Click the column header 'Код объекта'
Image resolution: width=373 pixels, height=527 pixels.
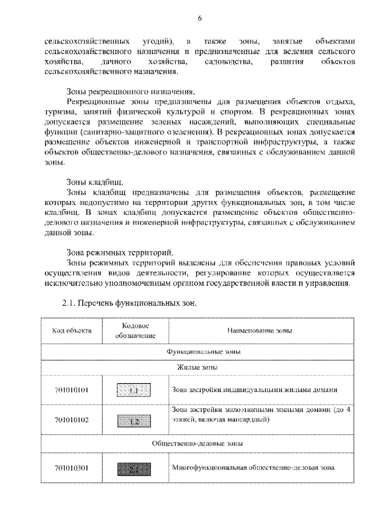[72, 331]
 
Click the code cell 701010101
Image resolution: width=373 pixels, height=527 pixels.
[72, 390]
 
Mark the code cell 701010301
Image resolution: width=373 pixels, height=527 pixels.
[72, 467]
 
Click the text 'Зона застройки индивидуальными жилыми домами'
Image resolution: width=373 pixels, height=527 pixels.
[255, 390]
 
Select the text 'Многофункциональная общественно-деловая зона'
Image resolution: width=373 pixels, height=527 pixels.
[254, 467]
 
